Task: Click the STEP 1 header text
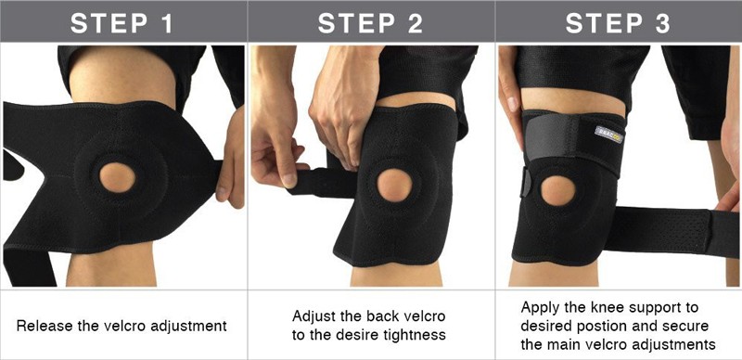[x=123, y=23]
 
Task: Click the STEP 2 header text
[x=371, y=23]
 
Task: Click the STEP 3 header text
[x=619, y=23]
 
